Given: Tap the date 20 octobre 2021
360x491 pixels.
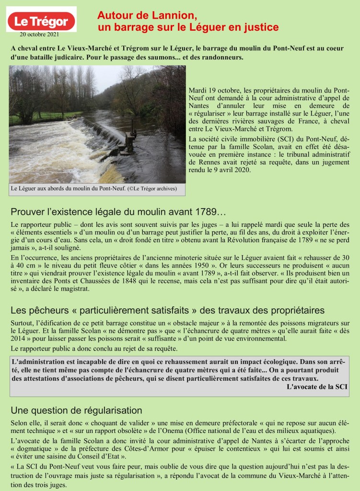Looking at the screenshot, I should [41, 35].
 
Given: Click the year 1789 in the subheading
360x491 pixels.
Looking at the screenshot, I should [207, 212].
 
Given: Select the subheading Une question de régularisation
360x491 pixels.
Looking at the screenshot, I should [76, 411].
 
